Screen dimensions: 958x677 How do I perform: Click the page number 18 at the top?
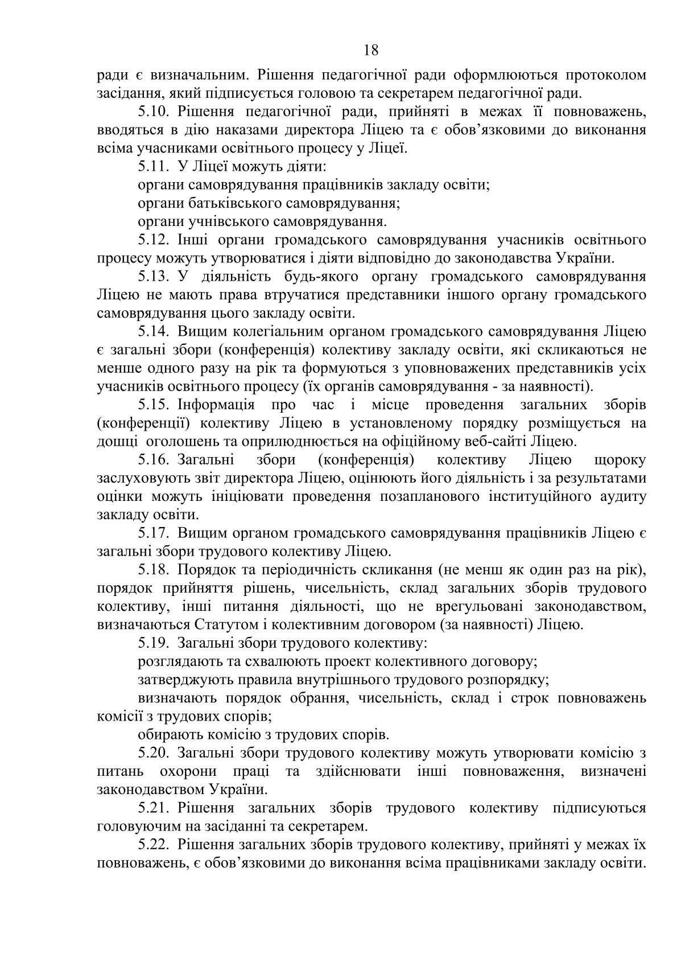tap(370, 51)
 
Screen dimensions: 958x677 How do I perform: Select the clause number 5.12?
tap(155, 240)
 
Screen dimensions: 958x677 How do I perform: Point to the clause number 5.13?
tap(155, 277)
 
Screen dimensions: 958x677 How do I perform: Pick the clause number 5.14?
tap(155, 332)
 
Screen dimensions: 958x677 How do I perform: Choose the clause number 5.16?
tap(155, 460)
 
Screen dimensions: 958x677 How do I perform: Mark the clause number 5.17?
tap(155, 533)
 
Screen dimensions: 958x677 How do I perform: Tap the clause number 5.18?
tap(155, 570)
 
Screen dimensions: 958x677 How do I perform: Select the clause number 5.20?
tap(155, 753)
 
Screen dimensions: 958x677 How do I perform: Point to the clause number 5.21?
tap(155, 808)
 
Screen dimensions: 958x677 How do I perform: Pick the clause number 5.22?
tap(155, 845)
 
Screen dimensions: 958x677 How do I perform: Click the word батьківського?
tap(229, 203)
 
